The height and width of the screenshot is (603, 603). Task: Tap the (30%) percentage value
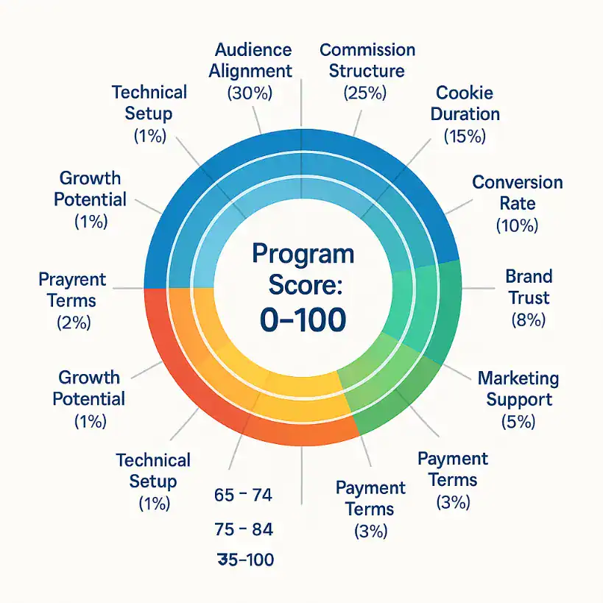[x=250, y=94]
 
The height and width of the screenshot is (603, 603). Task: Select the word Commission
[x=367, y=50]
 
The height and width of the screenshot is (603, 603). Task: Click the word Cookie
[x=465, y=93]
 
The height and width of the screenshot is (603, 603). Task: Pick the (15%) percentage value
[x=465, y=135]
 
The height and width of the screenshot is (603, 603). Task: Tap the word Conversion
[x=518, y=182]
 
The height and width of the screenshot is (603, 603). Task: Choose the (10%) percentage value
[x=518, y=225]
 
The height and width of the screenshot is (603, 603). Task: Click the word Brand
[x=529, y=276]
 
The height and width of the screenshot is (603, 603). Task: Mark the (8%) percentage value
[x=528, y=320]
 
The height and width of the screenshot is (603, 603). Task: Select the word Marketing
[x=518, y=378]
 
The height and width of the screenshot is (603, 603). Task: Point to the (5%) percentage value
[x=518, y=422]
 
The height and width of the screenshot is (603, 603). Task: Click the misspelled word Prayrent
[x=72, y=280]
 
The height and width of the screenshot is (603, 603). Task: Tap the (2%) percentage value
[x=73, y=322]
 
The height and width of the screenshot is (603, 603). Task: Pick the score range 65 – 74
[x=242, y=496]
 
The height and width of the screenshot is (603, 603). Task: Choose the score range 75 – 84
[x=242, y=529]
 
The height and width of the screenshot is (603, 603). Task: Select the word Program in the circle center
[x=302, y=254]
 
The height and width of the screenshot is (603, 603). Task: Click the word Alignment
[x=250, y=71]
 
